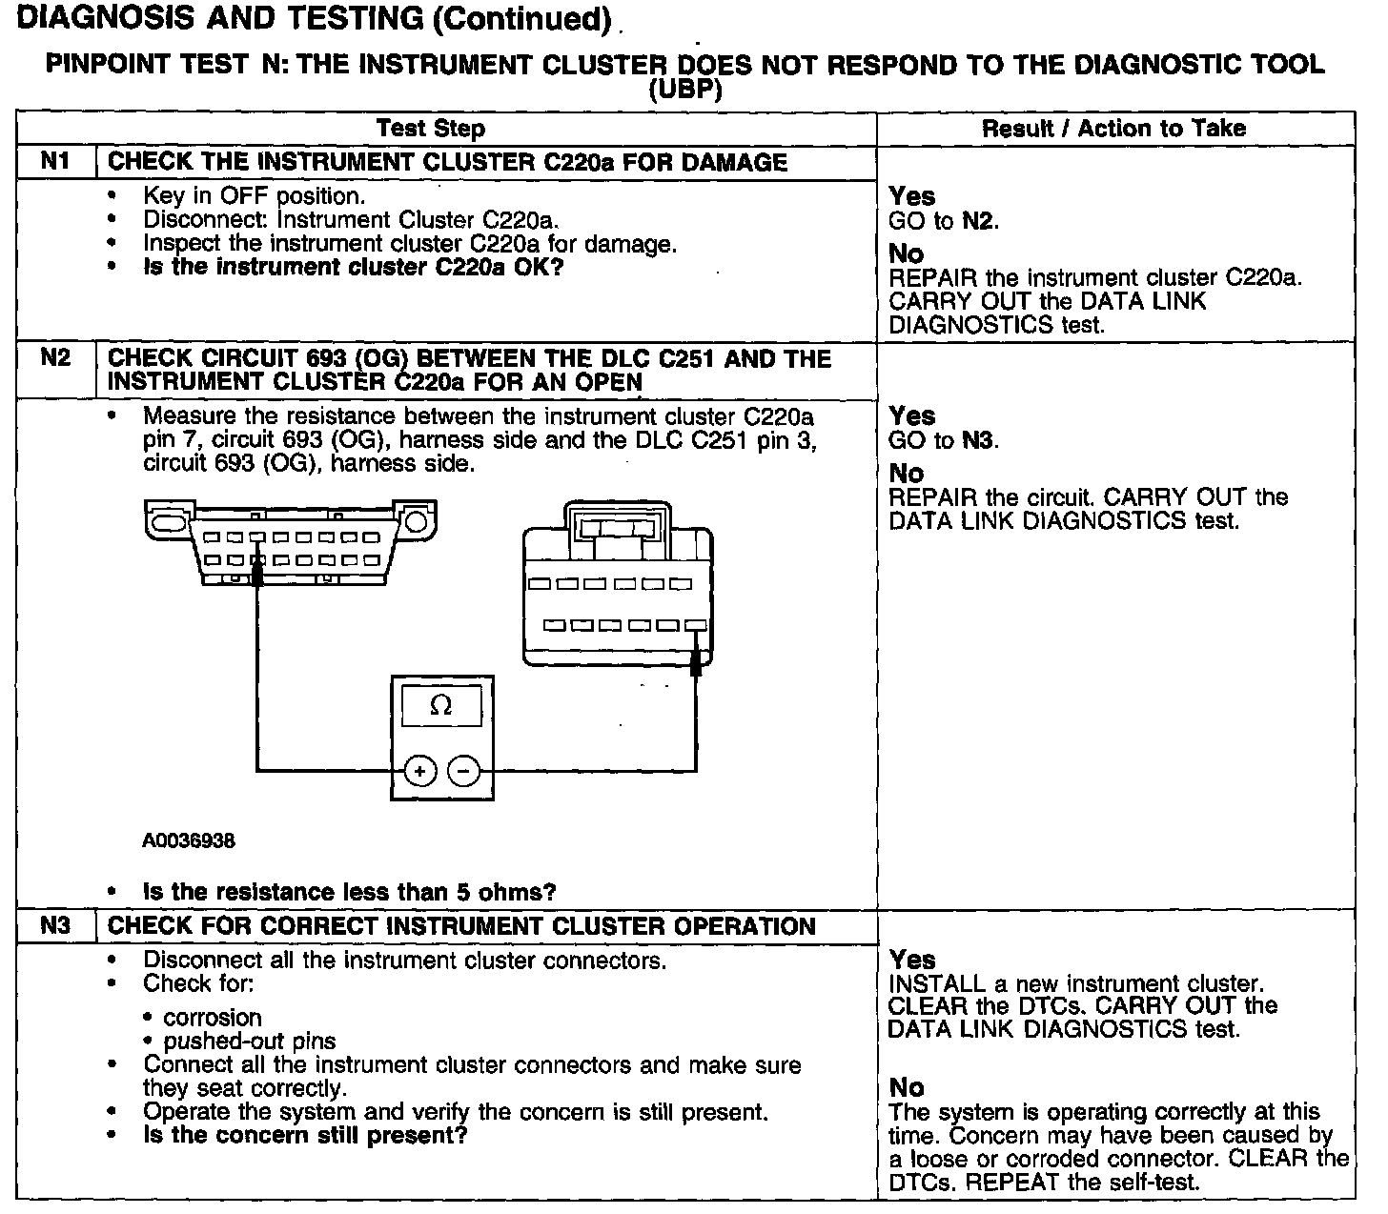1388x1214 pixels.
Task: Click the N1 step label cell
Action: [x=56, y=161]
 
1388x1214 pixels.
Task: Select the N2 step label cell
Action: [x=56, y=358]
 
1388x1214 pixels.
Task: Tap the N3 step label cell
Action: [x=56, y=925]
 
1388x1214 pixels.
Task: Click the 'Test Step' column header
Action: [x=430, y=129]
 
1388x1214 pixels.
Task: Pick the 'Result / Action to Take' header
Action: [x=1113, y=129]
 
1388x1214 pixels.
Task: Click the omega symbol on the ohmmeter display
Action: [x=440, y=706]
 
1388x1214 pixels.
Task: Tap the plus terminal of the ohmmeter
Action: [x=420, y=770]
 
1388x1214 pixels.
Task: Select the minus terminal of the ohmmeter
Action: [x=464, y=770]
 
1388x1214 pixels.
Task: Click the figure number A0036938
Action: [x=189, y=841]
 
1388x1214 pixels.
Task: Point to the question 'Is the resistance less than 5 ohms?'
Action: [x=349, y=892]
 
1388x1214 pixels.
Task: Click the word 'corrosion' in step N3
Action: [x=212, y=1017]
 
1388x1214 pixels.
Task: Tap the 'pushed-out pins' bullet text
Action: [x=250, y=1041]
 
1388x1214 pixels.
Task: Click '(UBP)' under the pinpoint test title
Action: [x=684, y=91]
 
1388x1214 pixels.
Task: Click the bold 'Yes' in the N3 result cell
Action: [x=912, y=960]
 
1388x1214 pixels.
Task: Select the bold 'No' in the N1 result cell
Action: [x=906, y=253]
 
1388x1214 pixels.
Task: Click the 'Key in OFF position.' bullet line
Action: [x=255, y=196]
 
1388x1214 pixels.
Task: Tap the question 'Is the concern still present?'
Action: [x=305, y=1135]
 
